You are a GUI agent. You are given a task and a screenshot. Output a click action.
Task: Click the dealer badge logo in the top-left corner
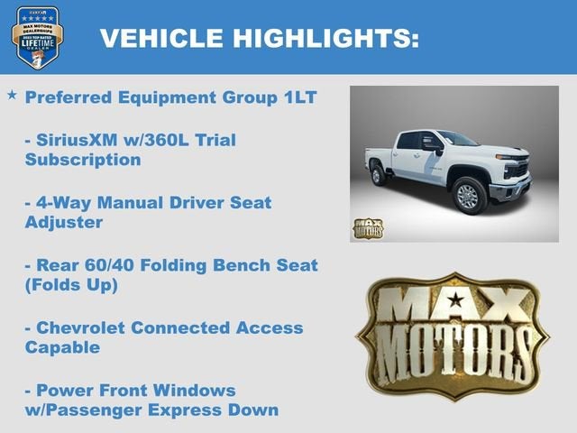click(x=37, y=37)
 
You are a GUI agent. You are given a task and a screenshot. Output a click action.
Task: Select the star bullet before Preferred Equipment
click(x=12, y=95)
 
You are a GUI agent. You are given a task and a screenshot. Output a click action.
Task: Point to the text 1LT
click(x=298, y=97)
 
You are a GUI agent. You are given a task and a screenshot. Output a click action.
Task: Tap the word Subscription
click(x=83, y=161)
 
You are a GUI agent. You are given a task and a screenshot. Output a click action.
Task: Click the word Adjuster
click(x=64, y=222)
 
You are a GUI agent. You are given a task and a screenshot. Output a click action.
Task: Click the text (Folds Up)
click(x=72, y=284)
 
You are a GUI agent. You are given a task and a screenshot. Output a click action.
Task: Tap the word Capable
click(x=62, y=346)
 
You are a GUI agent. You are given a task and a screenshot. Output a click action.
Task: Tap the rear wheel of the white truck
click(x=379, y=174)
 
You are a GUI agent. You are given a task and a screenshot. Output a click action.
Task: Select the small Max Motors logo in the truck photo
click(x=367, y=227)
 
